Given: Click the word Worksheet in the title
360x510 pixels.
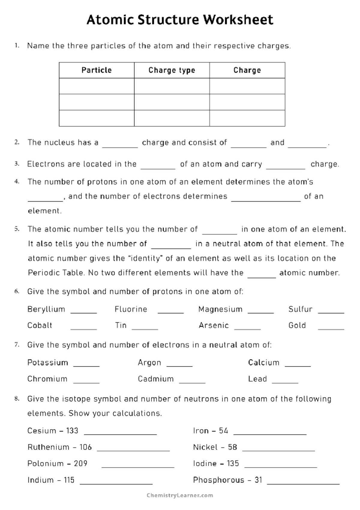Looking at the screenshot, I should tap(238, 20).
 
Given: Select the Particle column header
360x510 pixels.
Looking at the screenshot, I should tap(97, 70).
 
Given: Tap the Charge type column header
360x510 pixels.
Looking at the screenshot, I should tap(172, 70).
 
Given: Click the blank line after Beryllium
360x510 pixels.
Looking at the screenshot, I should tap(84, 312).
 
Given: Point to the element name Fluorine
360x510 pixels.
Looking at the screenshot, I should tap(131, 309).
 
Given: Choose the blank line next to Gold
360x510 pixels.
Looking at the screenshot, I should tap(331, 329).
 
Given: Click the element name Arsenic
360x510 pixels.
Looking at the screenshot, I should tap(214, 325).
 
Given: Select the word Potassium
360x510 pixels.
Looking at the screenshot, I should tap(48, 362).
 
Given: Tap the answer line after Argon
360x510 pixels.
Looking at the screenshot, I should tap(179, 366).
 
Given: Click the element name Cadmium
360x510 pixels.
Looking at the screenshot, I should tap(156, 379).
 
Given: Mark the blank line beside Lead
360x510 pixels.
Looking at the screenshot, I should tap(285, 382).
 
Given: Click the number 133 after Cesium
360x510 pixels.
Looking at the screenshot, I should tap(72, 431).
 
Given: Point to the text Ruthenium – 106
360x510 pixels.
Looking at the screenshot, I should tap(59, 447).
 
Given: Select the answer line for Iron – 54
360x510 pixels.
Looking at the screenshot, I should tap(270, 434).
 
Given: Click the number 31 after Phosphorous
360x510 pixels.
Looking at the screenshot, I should tap(259, 480).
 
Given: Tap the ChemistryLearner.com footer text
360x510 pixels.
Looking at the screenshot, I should tap(180, 496).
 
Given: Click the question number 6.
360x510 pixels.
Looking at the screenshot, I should tap(17, 291).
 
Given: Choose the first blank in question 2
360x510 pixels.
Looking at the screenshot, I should tap(120, 147).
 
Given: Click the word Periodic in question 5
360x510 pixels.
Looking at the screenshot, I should tap(42, 273).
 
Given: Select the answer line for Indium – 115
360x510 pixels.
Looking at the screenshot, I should tap(116, 483).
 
